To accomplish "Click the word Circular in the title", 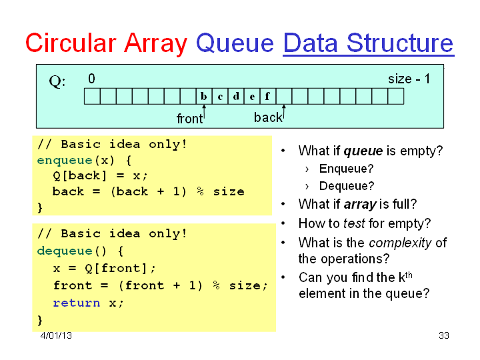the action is coord(71,43).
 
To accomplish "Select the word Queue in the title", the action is coord(235,43).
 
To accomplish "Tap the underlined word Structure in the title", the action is coord(400,43).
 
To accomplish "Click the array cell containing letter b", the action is coord(204,97).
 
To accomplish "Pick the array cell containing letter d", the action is coord(236,97).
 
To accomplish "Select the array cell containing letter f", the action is coord(268,97).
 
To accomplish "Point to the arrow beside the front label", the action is coord(204,113).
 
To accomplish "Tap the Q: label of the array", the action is coord(57,82).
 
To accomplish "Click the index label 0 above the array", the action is coord(91,79).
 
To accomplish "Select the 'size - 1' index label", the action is coord(409,79).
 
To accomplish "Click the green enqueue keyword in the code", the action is coord(65,161).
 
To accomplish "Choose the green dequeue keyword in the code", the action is coord(65,251).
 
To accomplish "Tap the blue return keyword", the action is coord(77,303).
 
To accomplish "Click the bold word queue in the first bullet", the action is coord(363,151).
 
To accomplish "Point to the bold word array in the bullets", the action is coord(360,205).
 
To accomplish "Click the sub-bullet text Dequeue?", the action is coord(347,186).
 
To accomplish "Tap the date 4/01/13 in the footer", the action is coord(56,335).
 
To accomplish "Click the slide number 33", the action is coord(444,335).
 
